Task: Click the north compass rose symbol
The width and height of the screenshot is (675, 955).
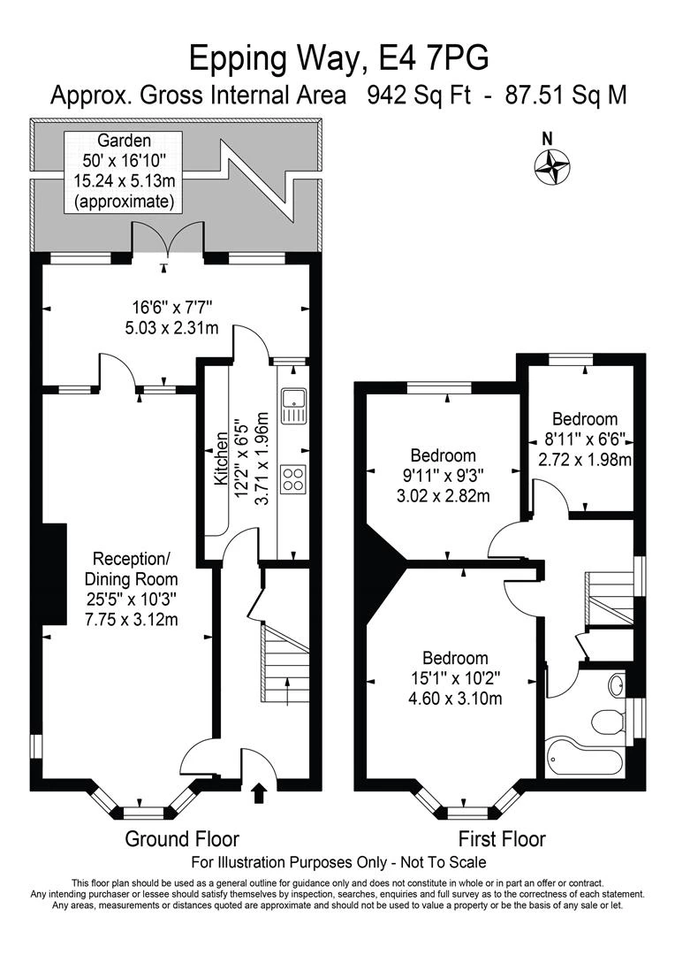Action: (x=552, y=165)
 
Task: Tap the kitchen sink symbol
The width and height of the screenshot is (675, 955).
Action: (x=294, y=407)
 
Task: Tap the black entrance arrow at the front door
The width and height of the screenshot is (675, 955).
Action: (x=259, y=793)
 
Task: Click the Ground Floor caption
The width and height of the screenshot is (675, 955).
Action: (x=182, y=838)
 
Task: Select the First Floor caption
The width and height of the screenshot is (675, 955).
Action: (x=502, y=838)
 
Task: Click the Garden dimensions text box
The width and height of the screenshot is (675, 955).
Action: (x=125, y=172)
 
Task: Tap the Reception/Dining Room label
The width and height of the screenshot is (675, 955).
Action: (x=132, y=589)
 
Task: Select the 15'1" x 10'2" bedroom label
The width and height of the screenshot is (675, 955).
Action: (x=455, y=678)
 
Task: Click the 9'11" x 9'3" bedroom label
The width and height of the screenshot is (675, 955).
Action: (x=444, y=476)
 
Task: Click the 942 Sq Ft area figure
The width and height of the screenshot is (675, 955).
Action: (x=419, y=95)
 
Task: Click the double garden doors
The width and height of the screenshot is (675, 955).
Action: (x=167, y=237)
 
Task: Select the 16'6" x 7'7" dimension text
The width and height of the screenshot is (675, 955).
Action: (x=171, y=317)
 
